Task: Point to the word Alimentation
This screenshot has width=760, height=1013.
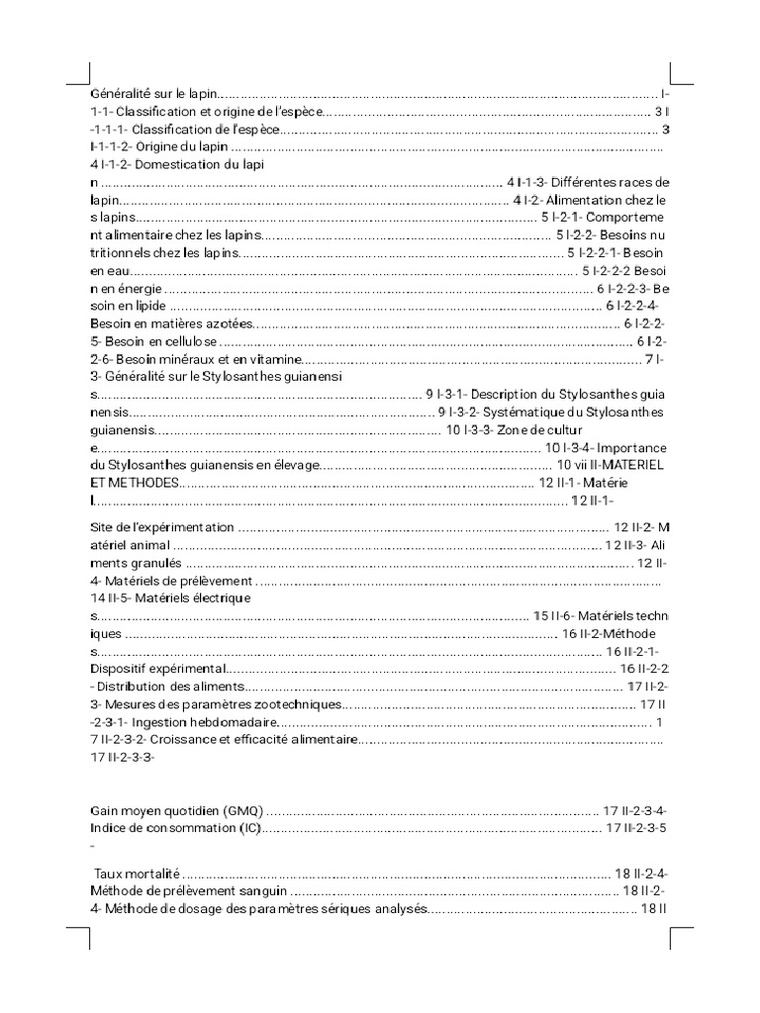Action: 594,200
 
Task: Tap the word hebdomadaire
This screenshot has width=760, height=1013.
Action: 220,723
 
